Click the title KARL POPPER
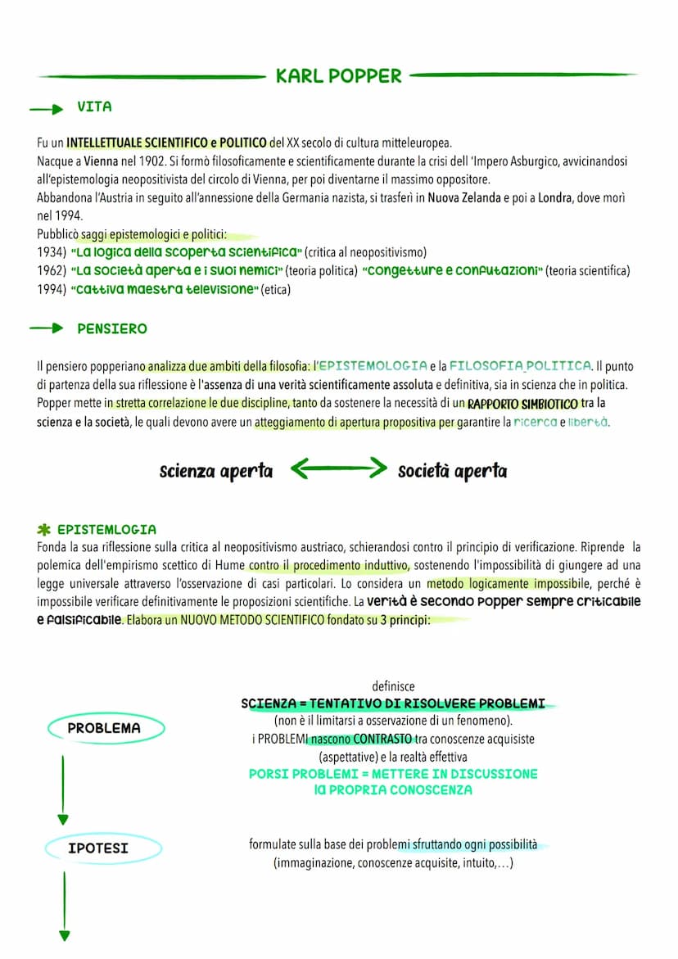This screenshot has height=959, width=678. point(338,76)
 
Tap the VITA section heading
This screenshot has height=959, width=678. point(94,107)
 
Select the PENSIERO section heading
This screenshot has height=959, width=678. point(112,329)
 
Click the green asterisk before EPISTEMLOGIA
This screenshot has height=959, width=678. point(44,530)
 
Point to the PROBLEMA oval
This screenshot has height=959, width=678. point(104,728)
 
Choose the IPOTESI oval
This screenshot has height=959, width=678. point(97,848)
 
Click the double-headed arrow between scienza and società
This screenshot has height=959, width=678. point(337,469)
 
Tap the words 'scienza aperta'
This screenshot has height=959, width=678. point(216,472)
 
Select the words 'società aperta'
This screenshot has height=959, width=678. point(452,472)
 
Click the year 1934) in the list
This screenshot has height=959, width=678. point(52,252)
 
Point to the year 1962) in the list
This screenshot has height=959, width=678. point(52,271)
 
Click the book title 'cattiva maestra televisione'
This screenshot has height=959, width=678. point(164,289)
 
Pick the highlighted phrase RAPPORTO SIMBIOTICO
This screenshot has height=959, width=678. point(522,404)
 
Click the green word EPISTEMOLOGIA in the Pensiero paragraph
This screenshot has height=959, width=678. point(372,366)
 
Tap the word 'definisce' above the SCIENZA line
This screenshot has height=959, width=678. point(393,686)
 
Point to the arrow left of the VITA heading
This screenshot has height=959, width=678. point(47,108)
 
